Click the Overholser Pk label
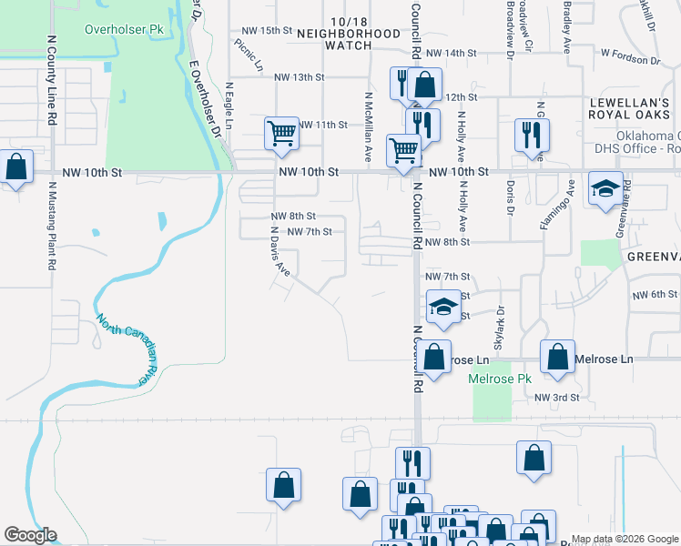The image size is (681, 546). point(124,29)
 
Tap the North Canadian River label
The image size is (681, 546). point(123,349)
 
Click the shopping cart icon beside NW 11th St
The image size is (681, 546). point(282,133)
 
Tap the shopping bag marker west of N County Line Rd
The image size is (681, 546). point(15,168)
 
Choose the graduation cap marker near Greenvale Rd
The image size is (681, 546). point(605,188)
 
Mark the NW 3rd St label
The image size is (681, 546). point(556,398)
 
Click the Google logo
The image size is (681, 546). point(30,535)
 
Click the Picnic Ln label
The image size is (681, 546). point(248,55)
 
